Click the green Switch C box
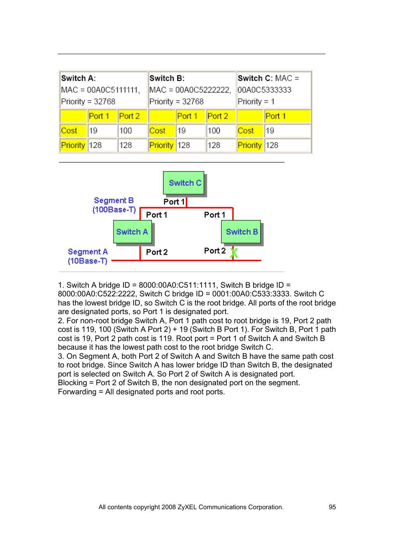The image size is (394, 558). (184, 183)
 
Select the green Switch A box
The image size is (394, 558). (132, 232)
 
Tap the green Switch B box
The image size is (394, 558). (241, 232)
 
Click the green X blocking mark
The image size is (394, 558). (234, 253)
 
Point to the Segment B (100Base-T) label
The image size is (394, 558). (114, 205)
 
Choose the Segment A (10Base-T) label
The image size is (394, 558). (88, 256)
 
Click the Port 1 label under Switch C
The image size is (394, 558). (174, 202)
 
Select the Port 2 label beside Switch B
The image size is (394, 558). (215, 251)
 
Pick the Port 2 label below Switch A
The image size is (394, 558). (157, 252)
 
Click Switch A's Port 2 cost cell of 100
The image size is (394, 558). (126, 131)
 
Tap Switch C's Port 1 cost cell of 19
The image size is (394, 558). (270, 131)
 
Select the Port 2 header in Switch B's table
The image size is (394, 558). (218, 116)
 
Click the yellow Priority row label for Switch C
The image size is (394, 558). (249, 145)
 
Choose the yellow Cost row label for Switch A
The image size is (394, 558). (69, 131)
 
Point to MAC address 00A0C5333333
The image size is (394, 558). (264, 90)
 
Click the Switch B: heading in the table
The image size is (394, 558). (167, 78)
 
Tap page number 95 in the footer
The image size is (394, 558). (332, 507)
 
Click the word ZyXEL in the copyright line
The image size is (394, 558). (188, 507)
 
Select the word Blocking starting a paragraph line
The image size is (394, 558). (72, 383)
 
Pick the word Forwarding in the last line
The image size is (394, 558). (77, 392)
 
